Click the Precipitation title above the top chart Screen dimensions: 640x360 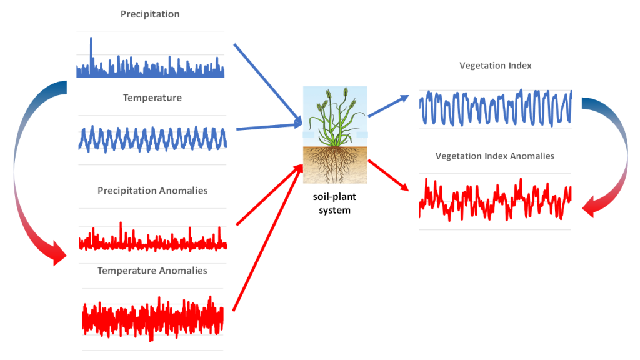[x=150, y=14]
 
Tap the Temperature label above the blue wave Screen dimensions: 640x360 [x=152, y=97]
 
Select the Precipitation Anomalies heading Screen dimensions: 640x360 [x=152, y=191]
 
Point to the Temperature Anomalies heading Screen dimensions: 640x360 [x=152, y=271]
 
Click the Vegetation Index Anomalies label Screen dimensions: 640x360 [x=495, y=156]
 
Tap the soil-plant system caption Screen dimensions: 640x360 [x=335, y=203]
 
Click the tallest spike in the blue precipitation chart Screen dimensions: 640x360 [x=91, y=53]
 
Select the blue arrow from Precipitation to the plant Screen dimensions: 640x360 [x=267, y=84]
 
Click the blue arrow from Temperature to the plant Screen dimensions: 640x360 [x=269, y=126]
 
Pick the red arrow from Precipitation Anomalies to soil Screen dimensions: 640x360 [x=269, y=195]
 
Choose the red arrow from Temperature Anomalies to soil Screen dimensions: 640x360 [x=267, y=238]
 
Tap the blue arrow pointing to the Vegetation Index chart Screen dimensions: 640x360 [x=389, y=106]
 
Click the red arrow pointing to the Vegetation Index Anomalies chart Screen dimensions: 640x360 [x=389, y=176]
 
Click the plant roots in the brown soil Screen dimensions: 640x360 [x=335, y=164]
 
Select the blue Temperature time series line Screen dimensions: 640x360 [x=152, y=139]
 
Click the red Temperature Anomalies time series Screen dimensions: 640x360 [x=152, y=319]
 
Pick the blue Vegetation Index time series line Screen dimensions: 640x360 [x=496, y=107]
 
